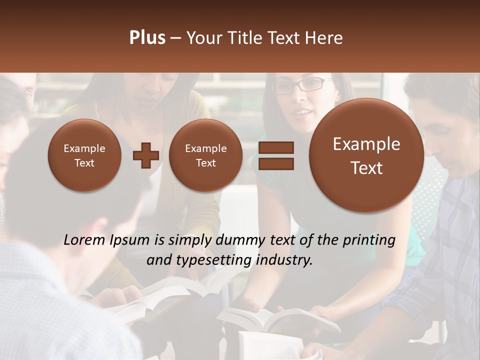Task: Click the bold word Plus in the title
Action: tap(147, 38)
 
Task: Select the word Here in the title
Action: tap(325, 38)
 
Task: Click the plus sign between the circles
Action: tap(146, 155)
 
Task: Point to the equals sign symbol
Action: tap(276, 155)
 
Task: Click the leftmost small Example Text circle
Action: tap(84, 155)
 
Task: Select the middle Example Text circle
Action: tap(206, 155)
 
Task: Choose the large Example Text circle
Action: tap(366, 155)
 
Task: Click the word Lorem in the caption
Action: tap(85, 240)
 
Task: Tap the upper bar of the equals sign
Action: tap(276, 147)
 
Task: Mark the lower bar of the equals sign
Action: tap(276, 163)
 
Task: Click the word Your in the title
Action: tap(203, 38)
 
